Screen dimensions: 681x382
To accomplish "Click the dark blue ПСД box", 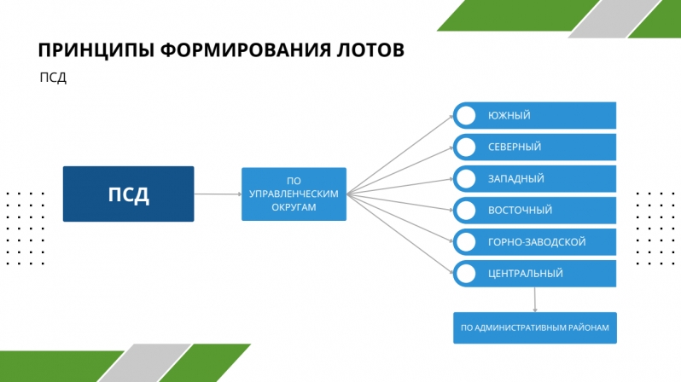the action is [129, 194].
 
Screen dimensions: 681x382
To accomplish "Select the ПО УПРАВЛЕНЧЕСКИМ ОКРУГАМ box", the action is [294, 194].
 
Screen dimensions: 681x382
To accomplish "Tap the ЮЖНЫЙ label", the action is [509, 115].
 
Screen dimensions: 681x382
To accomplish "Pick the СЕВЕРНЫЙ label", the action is [515, 147].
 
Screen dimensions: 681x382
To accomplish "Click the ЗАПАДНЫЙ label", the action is [516, 178].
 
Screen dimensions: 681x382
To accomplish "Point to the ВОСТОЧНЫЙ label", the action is [520, 210].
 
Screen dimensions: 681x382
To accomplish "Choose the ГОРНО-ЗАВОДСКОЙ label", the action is [537, 242].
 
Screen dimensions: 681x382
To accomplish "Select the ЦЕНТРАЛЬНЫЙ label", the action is [526, 274].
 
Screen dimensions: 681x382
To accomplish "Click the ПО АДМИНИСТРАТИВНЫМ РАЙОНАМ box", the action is [535, 327].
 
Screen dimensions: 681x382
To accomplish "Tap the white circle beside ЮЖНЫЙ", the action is [467, 115].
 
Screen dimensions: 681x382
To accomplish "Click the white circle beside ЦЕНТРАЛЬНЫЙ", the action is [467, 274].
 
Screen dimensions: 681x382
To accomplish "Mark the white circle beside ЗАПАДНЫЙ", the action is [467, 178].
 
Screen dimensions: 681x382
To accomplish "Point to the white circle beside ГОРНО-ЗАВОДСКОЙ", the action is [467, 242].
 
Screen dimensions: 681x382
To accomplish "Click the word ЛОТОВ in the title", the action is [370, 50].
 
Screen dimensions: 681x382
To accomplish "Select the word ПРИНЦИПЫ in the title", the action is [96, 50].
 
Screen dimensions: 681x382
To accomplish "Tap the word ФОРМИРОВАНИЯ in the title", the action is [246, 50].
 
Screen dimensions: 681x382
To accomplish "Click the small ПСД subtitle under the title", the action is [53, 78].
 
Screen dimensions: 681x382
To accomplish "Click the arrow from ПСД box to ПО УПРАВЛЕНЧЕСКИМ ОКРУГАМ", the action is [218, 194].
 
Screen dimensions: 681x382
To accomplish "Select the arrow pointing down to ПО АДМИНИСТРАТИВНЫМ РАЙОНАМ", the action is [534, 299].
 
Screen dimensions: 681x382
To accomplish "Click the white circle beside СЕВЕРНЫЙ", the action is [467, 147].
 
